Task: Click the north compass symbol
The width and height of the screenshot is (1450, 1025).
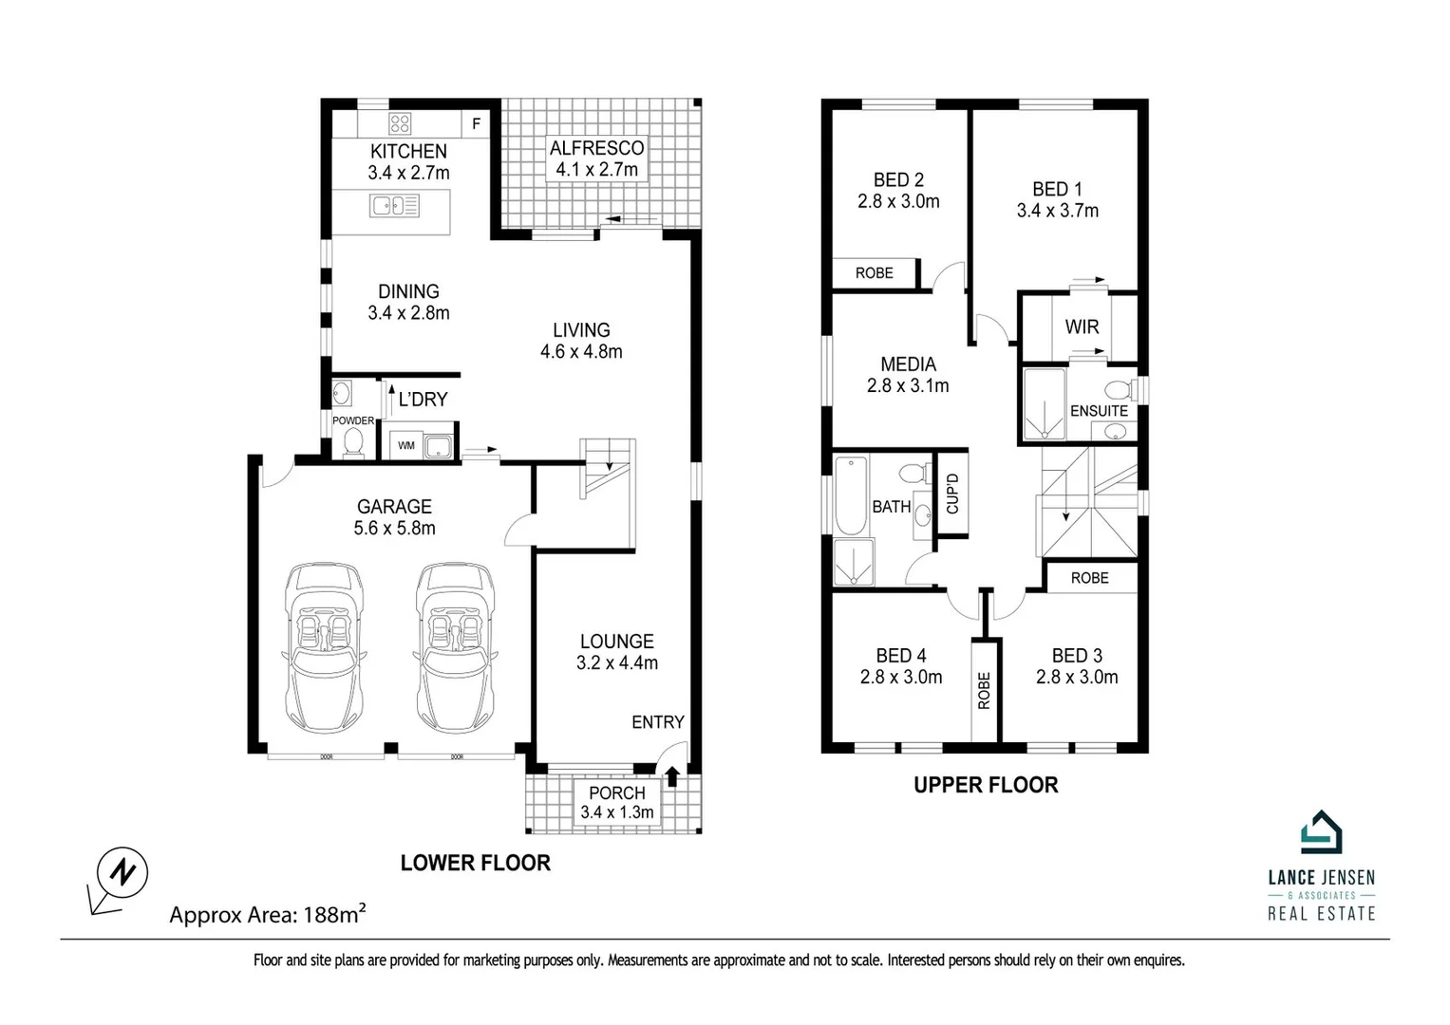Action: click(x=122, y=870)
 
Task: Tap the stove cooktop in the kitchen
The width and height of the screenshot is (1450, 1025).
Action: click(x=400, y=123)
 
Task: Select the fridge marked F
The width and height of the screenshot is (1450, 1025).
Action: click(x=476, y=123)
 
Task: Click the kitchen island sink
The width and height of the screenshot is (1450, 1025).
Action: click(x=395, y=205)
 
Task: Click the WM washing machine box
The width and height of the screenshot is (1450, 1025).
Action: click(x=406, y=445)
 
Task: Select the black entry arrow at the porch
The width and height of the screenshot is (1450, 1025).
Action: click(x=672, y=777)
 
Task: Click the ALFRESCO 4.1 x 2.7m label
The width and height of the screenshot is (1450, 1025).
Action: click(x=596, y=158)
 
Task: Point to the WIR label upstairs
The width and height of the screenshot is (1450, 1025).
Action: click(x=1082, y=326)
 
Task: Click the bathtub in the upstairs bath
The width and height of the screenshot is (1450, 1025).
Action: click(x=851, y=494)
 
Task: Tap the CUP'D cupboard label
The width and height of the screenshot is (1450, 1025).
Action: click(x=952, y=494)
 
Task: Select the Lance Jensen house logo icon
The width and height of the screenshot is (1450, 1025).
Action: click(x=1321, y=833)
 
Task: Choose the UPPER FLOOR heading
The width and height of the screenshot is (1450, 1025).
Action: click(x=986, y=785)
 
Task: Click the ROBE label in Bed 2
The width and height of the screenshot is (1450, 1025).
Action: click(x=874, y=273)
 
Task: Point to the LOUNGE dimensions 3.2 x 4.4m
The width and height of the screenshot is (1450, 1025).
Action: click(x=617, y=663)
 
